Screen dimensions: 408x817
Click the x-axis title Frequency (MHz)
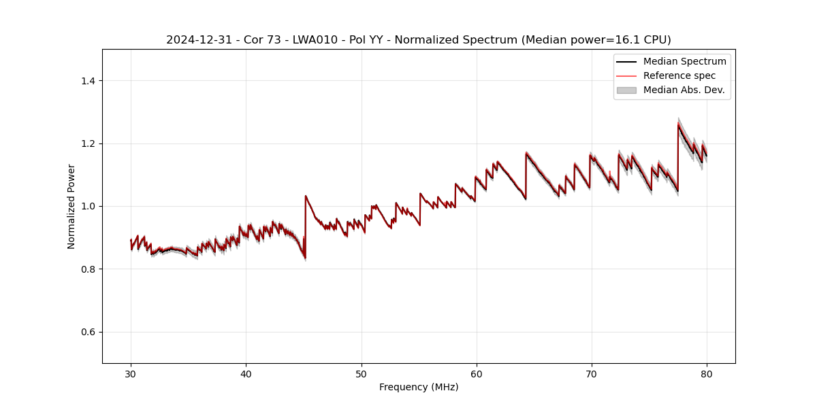(x=419, y=387)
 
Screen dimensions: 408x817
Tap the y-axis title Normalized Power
(x=71, y=206)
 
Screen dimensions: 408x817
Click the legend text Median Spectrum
(x=684, y=61)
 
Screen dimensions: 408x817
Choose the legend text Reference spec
(x=679, y=75)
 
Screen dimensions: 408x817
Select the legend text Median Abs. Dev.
(x=684, y=90)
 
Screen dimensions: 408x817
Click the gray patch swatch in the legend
(x=626, y=90)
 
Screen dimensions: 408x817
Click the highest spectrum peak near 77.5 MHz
(x=678, y=124)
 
